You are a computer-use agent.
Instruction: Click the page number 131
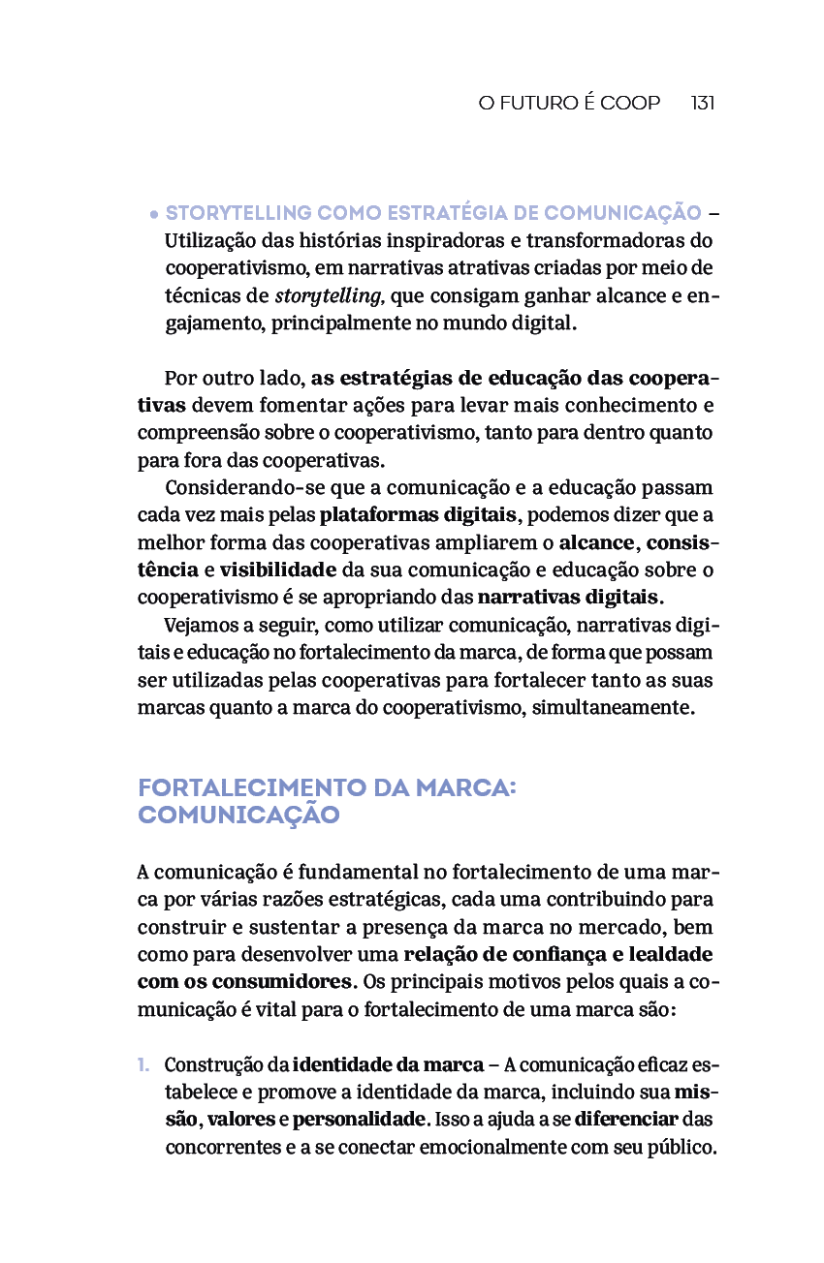pyautogui.click(x=703, y=103)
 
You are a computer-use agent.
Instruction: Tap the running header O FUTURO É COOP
pyautogui.click(x=569, y=103)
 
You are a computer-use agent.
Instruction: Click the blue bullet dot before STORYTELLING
pyautogui.click(x=153, y=214)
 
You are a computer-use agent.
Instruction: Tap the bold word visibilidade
pyautogui.click(x=278, y=569)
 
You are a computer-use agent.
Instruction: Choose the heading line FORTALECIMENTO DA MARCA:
pyautogui.click(x=327, y=788)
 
